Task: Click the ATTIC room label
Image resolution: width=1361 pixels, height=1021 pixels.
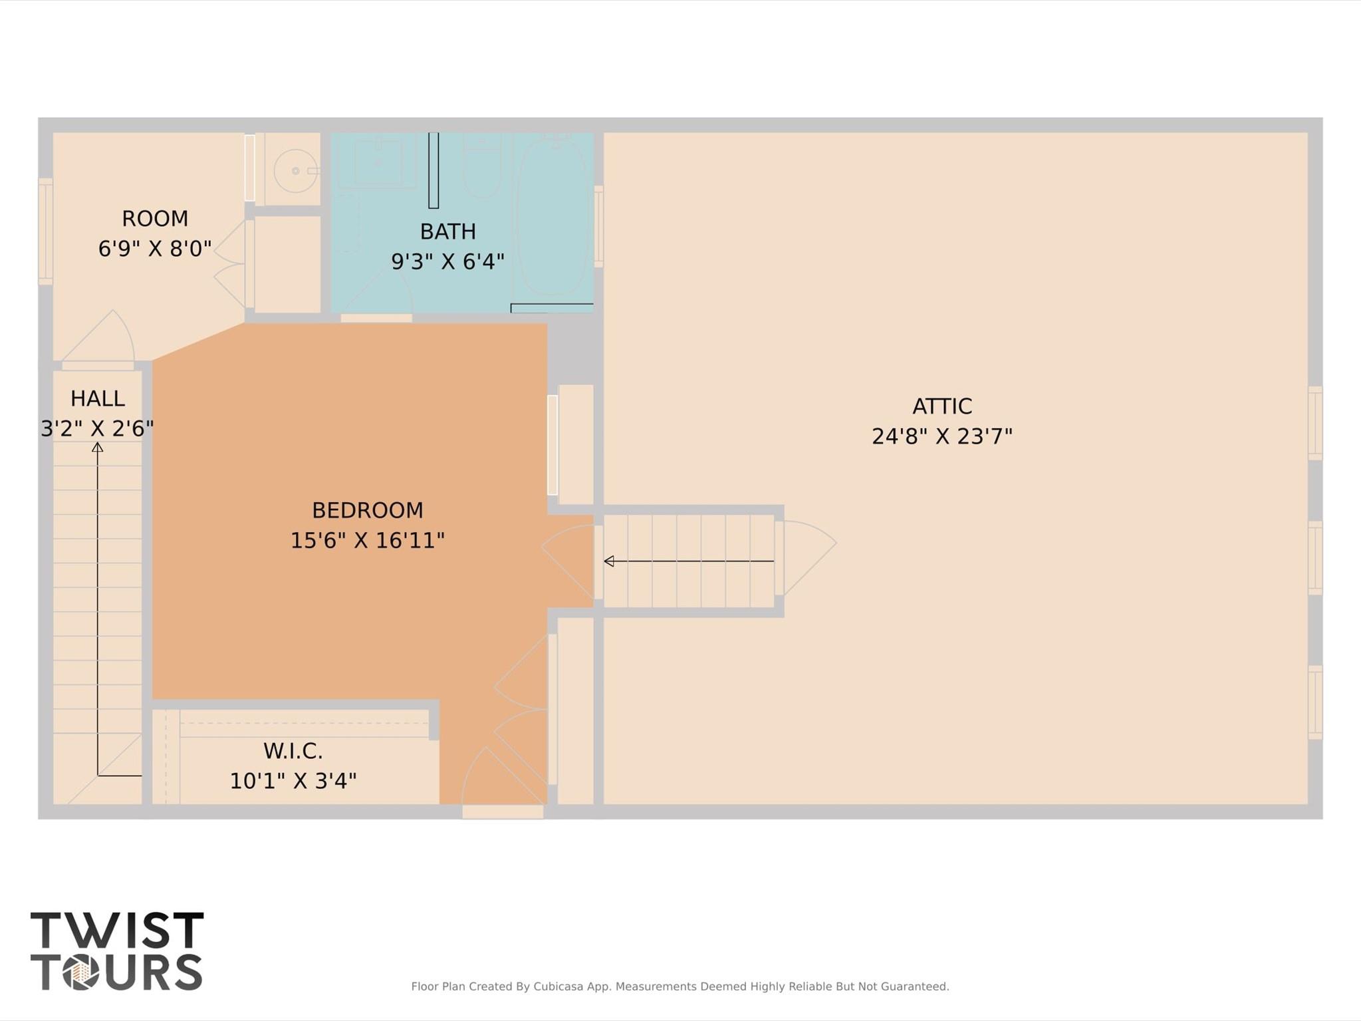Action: (x=941, y=406)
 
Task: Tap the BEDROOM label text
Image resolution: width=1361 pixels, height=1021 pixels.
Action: (x=367, y=510)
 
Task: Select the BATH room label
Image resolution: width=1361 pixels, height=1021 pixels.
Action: (x=447, y=231)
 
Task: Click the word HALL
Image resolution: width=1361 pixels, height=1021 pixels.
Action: (x=98, y=398)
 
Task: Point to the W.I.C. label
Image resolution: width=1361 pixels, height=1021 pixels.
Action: (x=293, y=751)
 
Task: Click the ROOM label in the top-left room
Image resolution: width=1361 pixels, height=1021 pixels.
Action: (x=155, y=218)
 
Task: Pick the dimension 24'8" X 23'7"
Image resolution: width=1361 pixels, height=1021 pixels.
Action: (x=941, y=436)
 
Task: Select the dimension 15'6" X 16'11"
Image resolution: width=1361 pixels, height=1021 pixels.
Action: (x=367, y=540)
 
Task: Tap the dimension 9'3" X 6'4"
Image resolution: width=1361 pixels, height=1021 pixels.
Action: (x=447, y=261)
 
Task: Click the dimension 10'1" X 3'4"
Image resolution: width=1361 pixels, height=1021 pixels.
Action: (x=293, y=781)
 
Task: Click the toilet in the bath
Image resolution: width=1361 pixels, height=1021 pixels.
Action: (x=483, y=166)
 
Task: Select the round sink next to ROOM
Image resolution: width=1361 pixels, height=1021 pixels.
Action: (x=295, y=171)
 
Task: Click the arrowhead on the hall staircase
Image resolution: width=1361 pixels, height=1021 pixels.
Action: (x=98, y=448)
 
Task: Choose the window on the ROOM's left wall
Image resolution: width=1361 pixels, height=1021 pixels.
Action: (x=45, y=231)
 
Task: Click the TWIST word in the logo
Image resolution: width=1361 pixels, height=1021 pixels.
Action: (x=117, y=930)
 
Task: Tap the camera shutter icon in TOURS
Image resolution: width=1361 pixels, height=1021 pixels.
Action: (x=81, y=973)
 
